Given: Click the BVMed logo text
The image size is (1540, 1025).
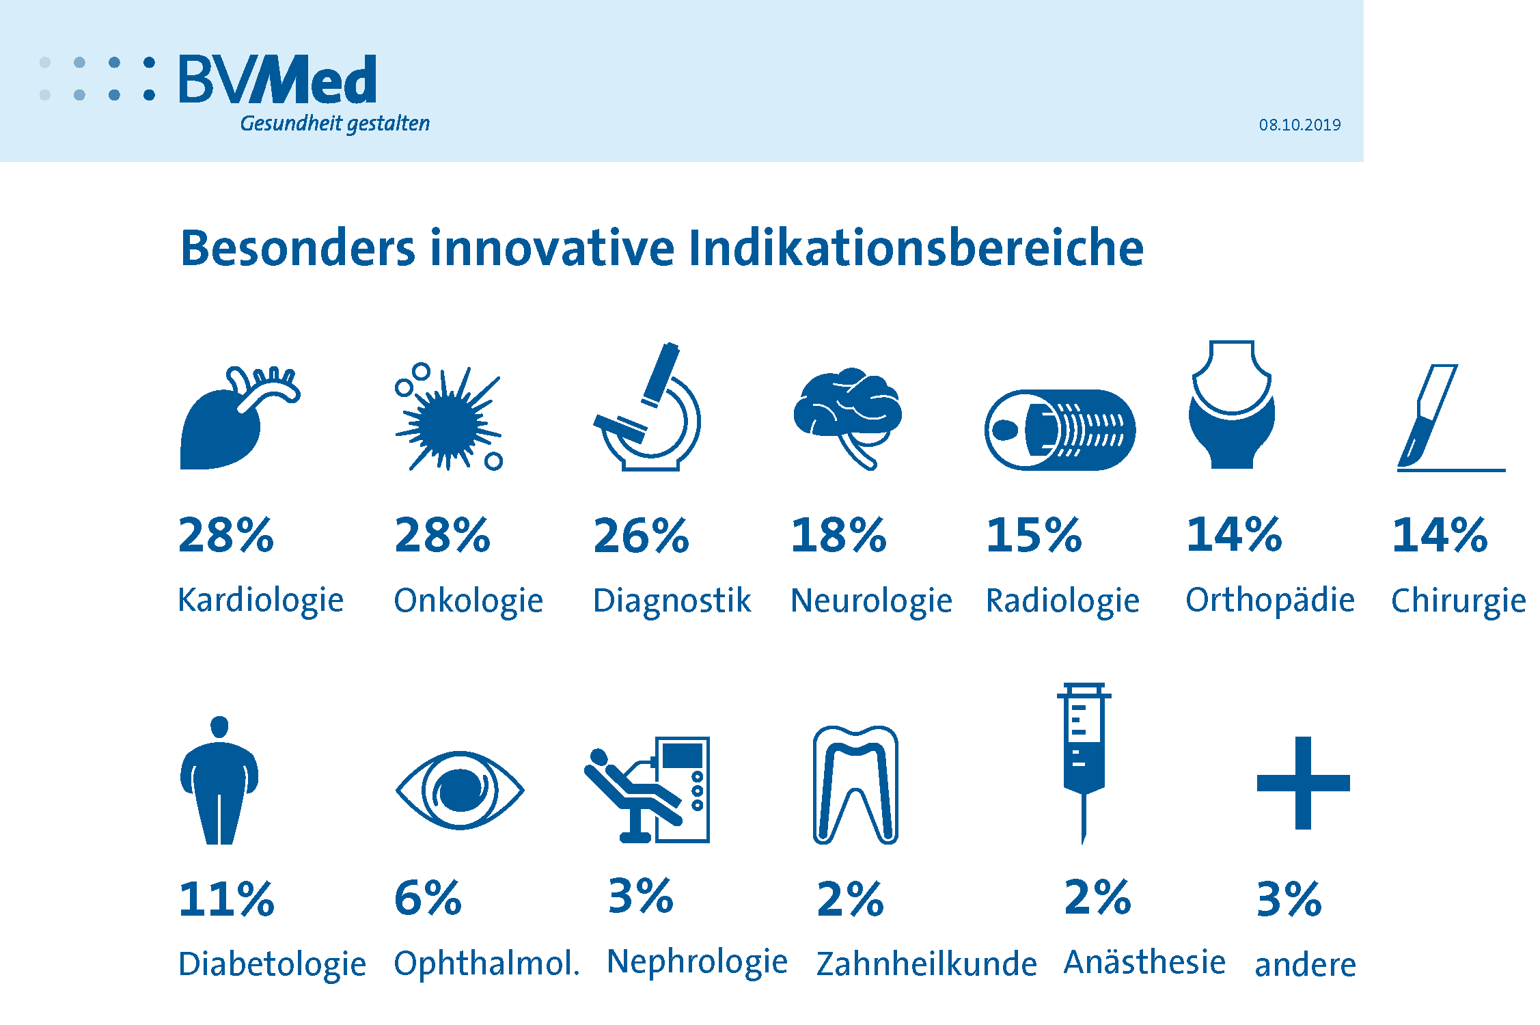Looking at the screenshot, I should (277, 80).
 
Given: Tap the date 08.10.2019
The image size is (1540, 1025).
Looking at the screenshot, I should (1300, 125).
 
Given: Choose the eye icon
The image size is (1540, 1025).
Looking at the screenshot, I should (460, 791).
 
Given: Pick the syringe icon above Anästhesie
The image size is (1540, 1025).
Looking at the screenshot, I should (1084, 758).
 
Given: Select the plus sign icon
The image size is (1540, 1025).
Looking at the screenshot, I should (1303, 783).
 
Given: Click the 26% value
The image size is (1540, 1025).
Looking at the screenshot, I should (641, 536).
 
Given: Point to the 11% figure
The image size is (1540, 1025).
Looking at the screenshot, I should (226, 899).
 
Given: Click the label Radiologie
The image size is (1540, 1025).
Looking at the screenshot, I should (1062, 601).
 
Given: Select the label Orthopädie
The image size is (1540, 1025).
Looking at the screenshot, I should (1270, 600).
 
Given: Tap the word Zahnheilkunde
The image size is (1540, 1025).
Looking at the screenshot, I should (926, 964).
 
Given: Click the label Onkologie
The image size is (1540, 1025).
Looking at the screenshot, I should (468, 601).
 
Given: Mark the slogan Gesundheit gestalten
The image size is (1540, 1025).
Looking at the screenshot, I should (335, 124).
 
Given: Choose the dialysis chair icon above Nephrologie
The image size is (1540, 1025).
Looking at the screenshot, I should (648, 790).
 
